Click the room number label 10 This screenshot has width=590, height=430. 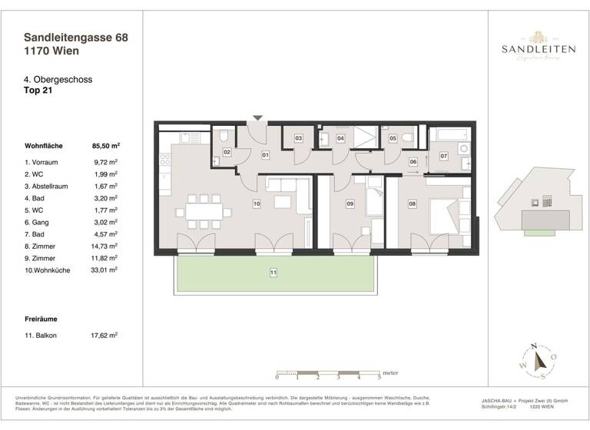257,203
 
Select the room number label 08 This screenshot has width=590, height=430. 412,203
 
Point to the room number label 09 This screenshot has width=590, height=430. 350,203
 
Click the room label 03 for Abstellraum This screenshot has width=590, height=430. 298,138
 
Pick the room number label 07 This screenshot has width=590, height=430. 443,156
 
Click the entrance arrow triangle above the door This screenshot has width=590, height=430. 258,117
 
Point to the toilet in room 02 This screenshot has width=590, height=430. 223,137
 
